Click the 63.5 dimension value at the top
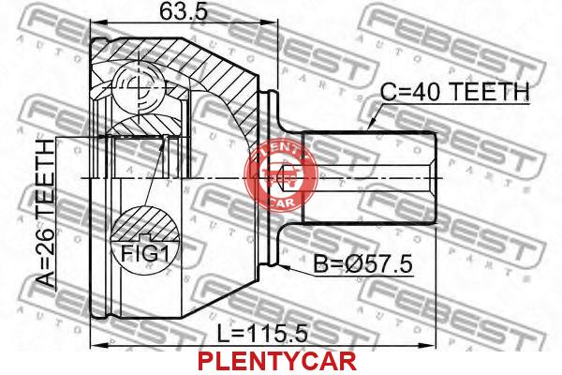184,12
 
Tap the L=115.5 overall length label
262,334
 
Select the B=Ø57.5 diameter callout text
362,264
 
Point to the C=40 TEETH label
454,92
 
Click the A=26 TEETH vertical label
47,214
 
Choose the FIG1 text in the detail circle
144,252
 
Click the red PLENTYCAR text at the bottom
277,361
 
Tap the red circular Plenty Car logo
281,175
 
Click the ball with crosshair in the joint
139,87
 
